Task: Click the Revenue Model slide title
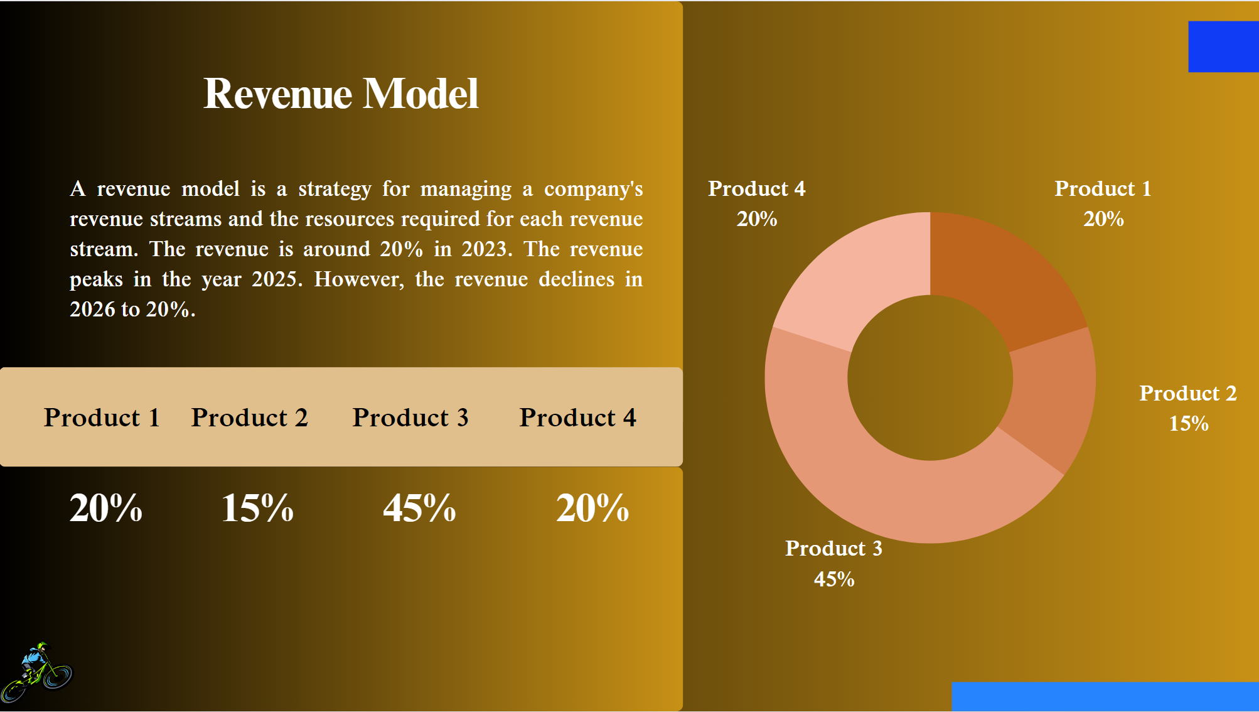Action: click(341, 94)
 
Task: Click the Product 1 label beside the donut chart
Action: click(1103, 189)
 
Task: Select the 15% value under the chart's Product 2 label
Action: click(1188, 424)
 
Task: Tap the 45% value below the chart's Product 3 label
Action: click(834, 579)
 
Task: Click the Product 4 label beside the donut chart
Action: click(756, 189)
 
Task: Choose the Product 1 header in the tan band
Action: click(102, 418)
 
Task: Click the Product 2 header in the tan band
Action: click(249, 418)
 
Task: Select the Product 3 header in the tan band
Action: click(410, 418)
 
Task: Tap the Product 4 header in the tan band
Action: click(577, 418)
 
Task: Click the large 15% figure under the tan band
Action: click(257, 508)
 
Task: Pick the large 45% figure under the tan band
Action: click(419, 508)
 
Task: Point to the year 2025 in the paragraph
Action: click(277, 279)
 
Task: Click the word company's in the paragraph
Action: click(593, 189)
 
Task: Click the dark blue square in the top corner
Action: click(1223, 47)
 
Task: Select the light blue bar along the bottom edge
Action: click(1105, 696)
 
